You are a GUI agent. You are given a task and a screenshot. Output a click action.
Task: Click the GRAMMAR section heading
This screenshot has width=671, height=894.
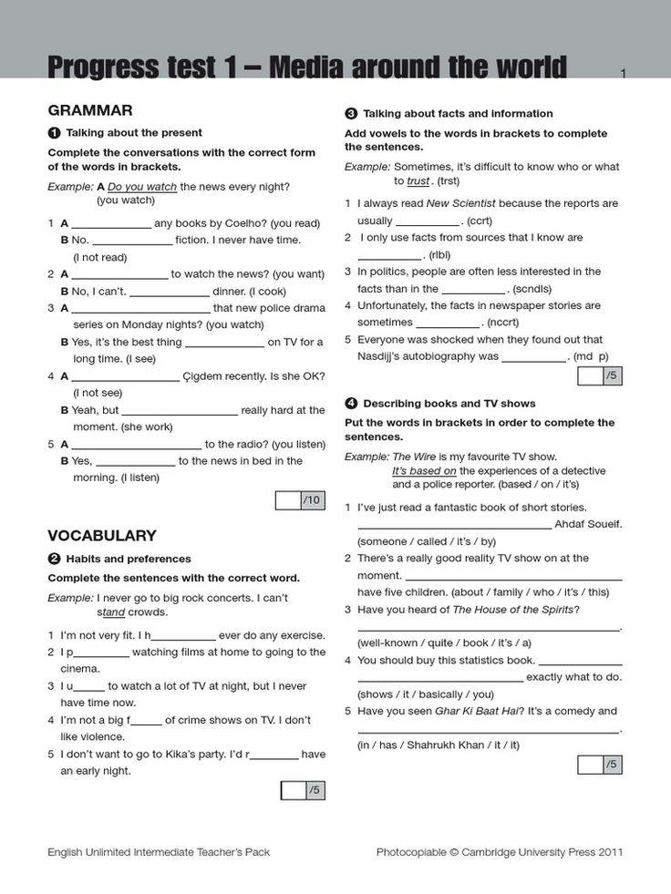tap(90, 110)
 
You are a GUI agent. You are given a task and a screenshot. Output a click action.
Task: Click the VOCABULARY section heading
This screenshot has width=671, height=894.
tap(102, 536)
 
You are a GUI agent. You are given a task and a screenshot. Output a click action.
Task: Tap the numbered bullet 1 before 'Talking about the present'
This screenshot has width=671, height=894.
tap(54, 133)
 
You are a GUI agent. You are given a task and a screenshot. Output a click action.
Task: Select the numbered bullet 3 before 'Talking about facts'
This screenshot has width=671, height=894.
tap(351, 114)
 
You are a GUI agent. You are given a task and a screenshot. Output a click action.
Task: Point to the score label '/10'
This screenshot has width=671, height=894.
tap(313, 499)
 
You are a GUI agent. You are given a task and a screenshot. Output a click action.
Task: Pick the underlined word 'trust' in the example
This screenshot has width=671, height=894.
tap(418, 181)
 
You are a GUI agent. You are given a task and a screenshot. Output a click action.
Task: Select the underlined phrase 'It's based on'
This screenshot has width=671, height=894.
tap(424, 470)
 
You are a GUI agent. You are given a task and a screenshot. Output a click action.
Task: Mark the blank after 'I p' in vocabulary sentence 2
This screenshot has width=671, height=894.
tap(100, 653)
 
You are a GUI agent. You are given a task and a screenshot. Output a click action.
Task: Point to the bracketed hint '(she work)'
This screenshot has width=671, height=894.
tap(146, 426)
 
